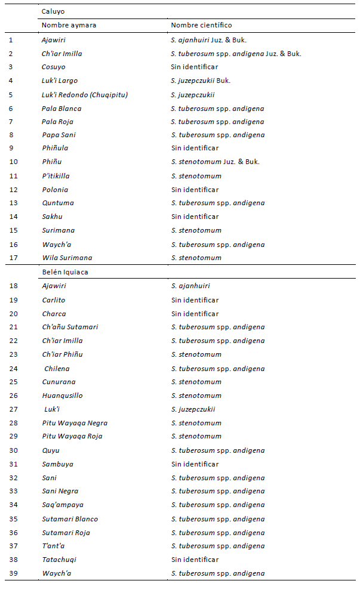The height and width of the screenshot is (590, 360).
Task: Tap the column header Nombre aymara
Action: (x=69, y=25)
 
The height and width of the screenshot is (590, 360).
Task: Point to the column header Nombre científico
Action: (x=201, y=25)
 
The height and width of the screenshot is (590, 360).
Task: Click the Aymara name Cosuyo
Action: (x=54, y=67)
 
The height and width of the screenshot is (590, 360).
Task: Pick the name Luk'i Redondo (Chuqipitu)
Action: (x=85, y=94)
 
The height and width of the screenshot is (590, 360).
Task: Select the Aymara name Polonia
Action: (x=55, y=190)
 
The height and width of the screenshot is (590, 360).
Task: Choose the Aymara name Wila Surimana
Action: (x=67, y=258)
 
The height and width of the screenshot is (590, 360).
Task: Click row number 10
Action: (x=12, y=162)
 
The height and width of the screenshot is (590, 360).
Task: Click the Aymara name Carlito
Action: (x=54, y=300)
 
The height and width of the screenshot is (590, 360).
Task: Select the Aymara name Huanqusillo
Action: (x=62, y=396)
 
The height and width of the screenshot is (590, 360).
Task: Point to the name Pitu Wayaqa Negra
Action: (x=75, y=423)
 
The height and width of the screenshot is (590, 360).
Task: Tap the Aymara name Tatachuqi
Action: (x=59, y=560)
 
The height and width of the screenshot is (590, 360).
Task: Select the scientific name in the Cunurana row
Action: (x=196, y=382)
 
